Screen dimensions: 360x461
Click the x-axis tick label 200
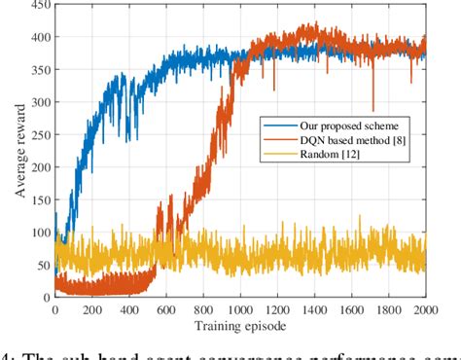[91, 310]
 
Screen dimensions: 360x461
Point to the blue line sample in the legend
[275, 126]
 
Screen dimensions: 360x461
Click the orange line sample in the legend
[275, 142]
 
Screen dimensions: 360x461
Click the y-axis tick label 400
[39, 41]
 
